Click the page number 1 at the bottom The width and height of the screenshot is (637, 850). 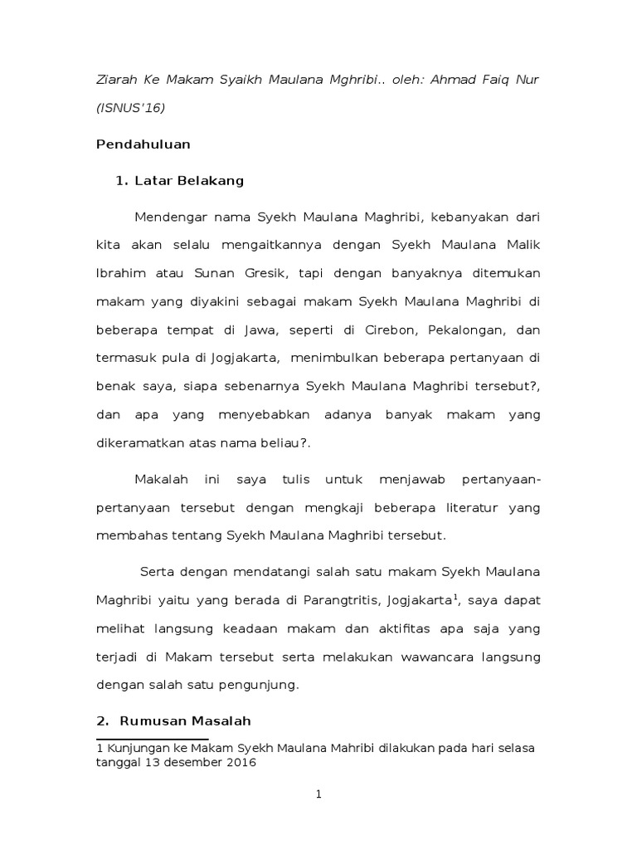tap(318, 794)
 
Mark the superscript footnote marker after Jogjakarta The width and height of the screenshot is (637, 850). tap(454, 594)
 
